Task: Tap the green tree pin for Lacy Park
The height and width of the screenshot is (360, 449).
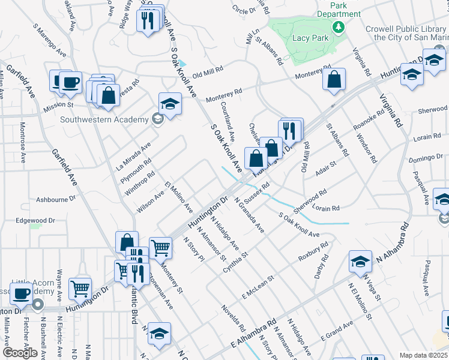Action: tap(339, 27)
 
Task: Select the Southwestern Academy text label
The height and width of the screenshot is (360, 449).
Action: tap(104, 119)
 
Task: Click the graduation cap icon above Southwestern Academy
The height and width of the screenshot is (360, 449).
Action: tap(170, 104)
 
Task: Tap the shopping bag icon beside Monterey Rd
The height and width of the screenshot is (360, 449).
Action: tap(334, 79)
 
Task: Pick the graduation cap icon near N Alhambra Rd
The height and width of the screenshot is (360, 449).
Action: tap(360, 261)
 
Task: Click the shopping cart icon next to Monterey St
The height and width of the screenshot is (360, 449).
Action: tap(160, 246)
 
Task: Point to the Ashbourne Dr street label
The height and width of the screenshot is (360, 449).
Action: tap(56, 197)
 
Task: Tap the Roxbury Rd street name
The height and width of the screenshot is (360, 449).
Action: tap(313, 251)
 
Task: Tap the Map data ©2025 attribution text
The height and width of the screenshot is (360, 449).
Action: tap(423, 355)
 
